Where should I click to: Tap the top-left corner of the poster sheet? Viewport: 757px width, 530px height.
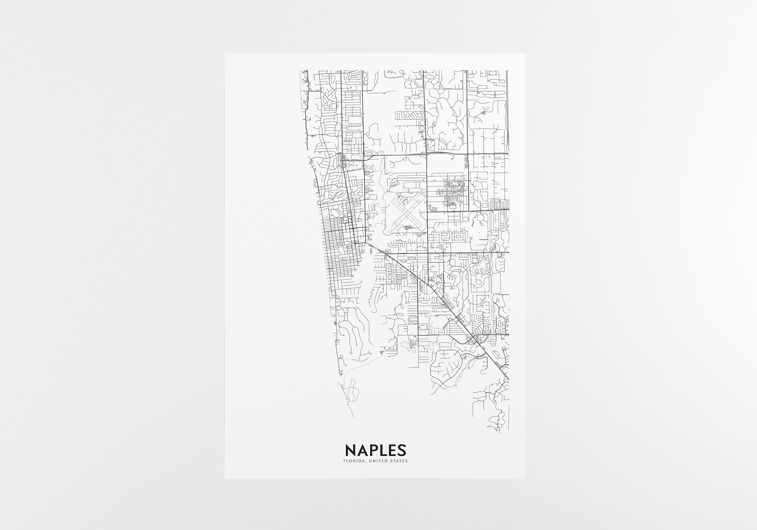coord(225,54)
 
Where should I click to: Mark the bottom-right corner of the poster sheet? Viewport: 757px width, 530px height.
coord(525,479)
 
